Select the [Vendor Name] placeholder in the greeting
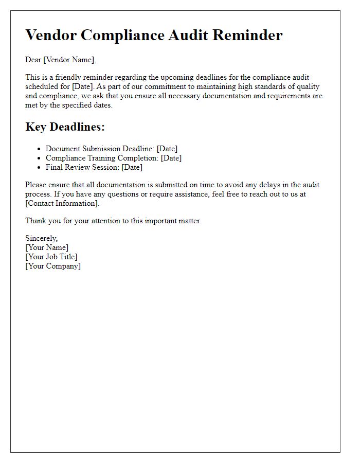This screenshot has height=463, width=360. click(x=69, y=60)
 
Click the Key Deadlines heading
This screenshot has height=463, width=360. click(x=65, y=128)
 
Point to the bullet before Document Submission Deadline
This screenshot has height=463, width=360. click(x=39, y=149)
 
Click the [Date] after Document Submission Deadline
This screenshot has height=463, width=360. click(x=167, y=149)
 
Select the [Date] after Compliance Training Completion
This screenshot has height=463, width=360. click(x=171, y=158)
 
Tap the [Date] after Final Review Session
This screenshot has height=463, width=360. click(x=132, y=167)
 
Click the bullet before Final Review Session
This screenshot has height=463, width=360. click(x=39, y=168)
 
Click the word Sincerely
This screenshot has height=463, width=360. click(x=41, y=238)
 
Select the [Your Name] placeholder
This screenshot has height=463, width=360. click(x=47, y=247)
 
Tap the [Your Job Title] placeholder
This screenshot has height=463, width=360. click(x=51, y=257)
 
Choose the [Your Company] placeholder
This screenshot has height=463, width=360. click(x=53, y=266)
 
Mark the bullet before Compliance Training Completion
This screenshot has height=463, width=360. click(x=39, y=158)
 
